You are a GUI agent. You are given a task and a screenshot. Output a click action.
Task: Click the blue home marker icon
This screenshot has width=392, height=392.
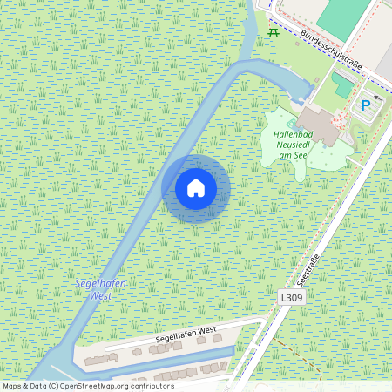tap(196, 188)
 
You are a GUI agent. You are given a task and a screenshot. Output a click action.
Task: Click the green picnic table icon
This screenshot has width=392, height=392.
tap(274, 33)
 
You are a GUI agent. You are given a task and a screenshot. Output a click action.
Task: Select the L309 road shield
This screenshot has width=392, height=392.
tap(292, 298)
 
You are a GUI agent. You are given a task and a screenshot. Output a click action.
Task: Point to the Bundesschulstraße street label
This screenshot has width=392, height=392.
tap(332, 48)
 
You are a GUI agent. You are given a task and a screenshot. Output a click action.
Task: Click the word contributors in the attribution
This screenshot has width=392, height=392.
tap(153, 386)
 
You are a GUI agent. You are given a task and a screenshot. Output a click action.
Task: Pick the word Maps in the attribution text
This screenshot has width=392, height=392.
tap(12, 386)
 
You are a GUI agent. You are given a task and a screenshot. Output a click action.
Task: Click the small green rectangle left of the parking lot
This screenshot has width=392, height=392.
tap(343, 85)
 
